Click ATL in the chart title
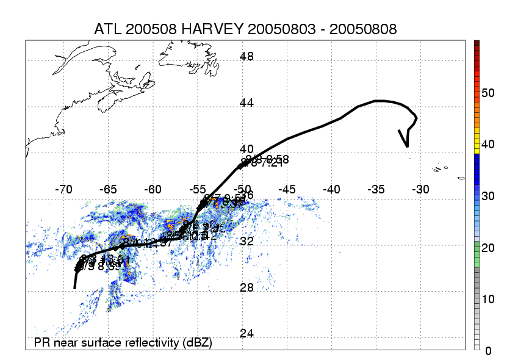coord(108,29)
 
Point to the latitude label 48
coord(247,57)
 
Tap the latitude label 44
coord(247,103)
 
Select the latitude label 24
coord(247,334)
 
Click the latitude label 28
coord(247,287)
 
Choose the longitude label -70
coord(63,189)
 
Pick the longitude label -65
coord(108,189)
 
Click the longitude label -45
coord(287,189)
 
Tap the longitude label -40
coord(332,189)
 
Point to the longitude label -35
coord(376,189)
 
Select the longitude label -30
coord(421,189)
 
